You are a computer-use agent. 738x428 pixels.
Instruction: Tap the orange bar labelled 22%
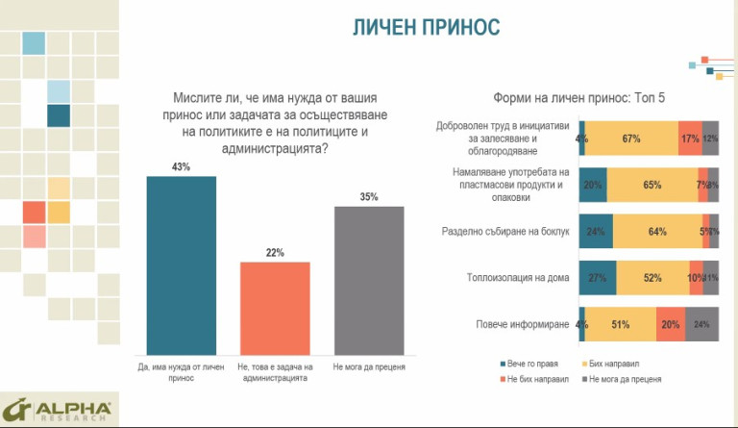[x=276, y=308]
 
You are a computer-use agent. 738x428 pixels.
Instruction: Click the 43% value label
[x=182, y=167]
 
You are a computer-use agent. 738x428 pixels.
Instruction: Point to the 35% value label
[x=370, y=197]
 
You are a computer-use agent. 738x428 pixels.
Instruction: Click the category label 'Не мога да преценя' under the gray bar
[x=370, y=366]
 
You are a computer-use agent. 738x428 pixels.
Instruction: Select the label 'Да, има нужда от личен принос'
[x=181, y=371]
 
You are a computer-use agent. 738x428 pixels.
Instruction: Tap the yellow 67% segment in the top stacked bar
[x=631, y=138]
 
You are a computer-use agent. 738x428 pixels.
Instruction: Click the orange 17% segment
[x=690, y=138]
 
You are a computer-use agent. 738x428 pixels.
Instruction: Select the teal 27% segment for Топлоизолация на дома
[x=598, y=278]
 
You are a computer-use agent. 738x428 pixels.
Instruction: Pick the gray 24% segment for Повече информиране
[x=702, y=324]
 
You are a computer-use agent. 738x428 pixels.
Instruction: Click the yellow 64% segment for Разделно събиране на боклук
[x=657, y=232]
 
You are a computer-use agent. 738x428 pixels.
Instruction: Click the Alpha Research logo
[x=58, y=409]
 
